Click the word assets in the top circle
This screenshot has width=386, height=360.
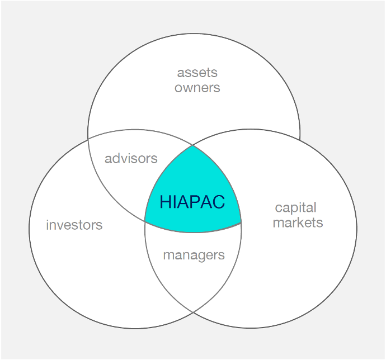pyautogui.click(x=197, y=73)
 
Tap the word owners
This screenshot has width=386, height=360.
pyautogui.click(x=197, y=88)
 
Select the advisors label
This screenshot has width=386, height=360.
pyautogui.click(x=131, y=158)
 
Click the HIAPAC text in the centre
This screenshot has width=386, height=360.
pyautogui.click(x=192, y=202)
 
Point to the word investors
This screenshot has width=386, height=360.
pyautogui.click(x=74, y=225)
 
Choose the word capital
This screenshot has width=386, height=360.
pyautogui.click(x=296, y=208)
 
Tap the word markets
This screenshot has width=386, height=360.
pyautogui.click(x=298, y=222)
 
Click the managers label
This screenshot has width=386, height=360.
pyautogui.click(x=194, y=255)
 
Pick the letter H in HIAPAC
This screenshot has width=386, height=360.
pyautogui.click(x=165, y=202)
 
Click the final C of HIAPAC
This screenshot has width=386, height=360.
pyautogui.click(x=219, y=202)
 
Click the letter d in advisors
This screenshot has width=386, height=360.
pyautogui.click(x=119, y=158)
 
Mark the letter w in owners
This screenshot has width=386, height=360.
pyautogui.click(x=187, y=88)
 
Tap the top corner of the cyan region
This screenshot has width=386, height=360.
pyautogui.click(x=192, y=146)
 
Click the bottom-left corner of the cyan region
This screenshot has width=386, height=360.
pyautogui.click(x=145, y=221)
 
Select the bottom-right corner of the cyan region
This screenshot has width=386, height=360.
pyautogui.click(x=241, y=223)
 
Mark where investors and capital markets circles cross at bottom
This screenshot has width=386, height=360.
pyautogui.click(x=193, y=312)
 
